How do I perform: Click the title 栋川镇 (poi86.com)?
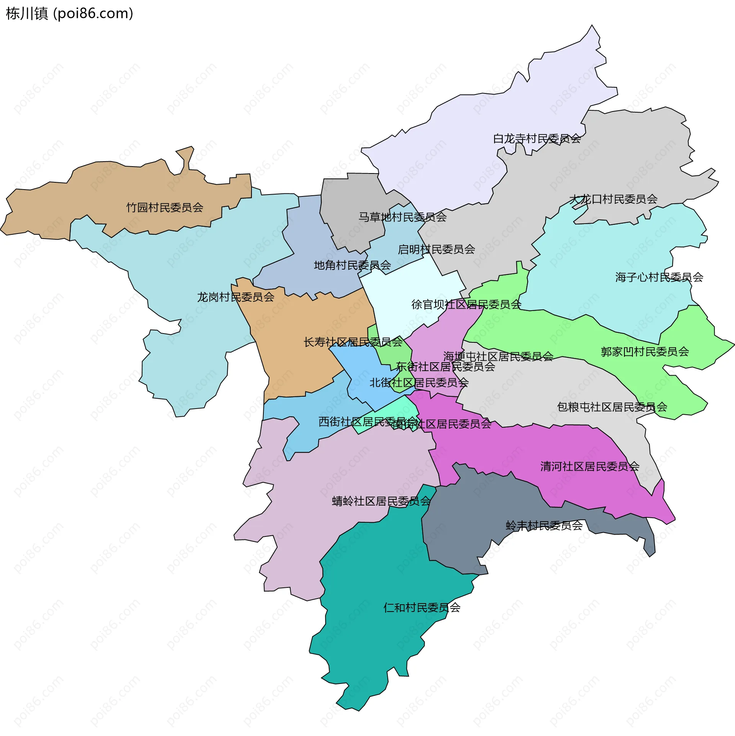(x=69, y=14)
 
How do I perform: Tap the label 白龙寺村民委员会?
(x=537, y=139)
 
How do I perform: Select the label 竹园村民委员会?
(x=165, y=208)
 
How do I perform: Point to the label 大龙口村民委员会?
(x=613, y=199)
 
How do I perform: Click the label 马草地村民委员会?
(x=402, y=217)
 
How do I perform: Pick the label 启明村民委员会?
(x=436, y=249)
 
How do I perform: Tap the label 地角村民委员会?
(x=352, y=265)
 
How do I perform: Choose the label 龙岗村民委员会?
(x=235, y=297)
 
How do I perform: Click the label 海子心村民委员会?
(x=659, y=277)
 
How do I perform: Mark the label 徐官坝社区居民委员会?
(x=466, y=304)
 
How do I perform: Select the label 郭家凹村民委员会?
(x=645, y=352)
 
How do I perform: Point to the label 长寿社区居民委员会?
(x=353, y=342)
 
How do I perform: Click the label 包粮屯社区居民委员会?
(x=612, y=407)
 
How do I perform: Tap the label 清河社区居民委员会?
(x=590, y=466)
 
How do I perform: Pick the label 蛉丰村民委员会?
(x=544, y=525)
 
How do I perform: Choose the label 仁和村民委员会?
(x=422, y=607)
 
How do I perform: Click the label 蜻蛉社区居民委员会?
(x=381, y=501)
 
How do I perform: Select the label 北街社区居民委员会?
(x=419, y=382)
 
